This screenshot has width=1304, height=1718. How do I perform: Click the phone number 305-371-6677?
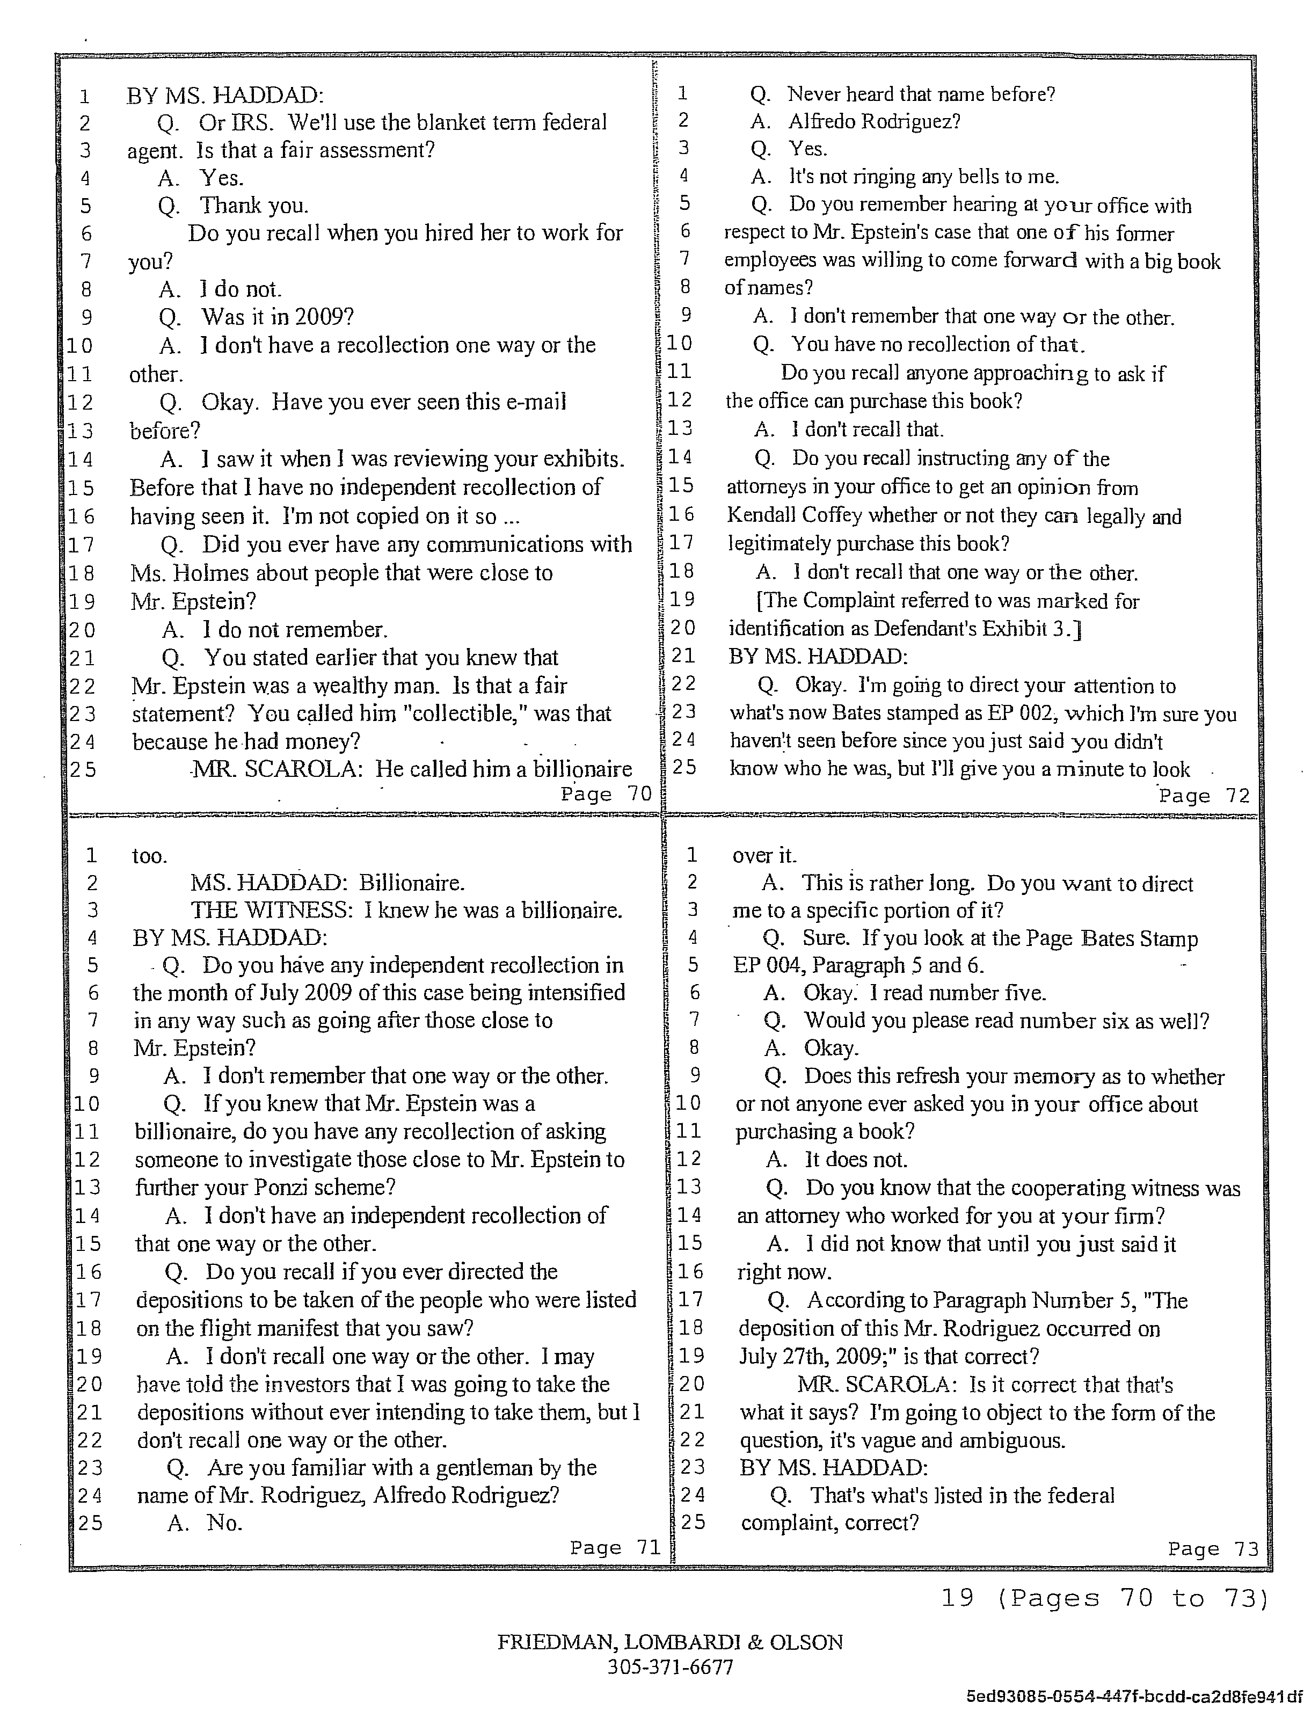pos(669,1667)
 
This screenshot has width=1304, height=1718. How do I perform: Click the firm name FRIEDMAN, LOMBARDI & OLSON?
pos(669,1642)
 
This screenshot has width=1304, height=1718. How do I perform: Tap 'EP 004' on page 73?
pos(764,965)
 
